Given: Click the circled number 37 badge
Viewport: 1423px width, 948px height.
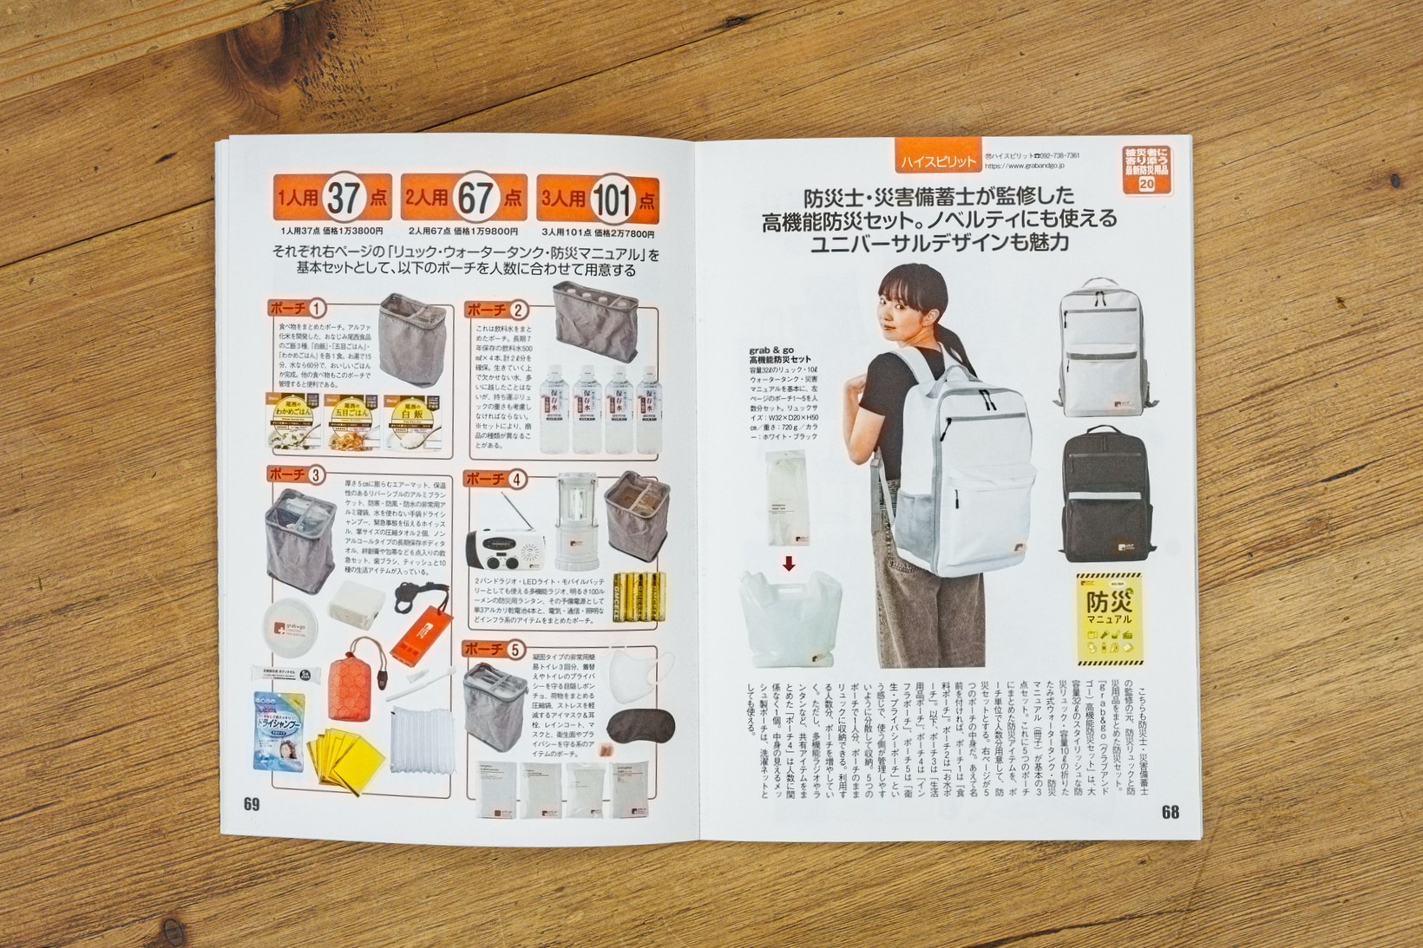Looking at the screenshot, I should [343, 199].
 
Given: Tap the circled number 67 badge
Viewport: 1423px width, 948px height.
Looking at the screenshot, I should [475, 199].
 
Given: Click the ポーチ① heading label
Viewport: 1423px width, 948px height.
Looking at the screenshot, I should [298, 308].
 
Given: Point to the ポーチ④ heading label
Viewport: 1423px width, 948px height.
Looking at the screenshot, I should [495, 479].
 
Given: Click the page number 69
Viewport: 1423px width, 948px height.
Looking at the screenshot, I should [252, 804].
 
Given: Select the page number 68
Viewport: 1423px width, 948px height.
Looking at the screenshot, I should [1170, 812].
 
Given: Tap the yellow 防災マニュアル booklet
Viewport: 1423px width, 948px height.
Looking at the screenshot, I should [1108, 615].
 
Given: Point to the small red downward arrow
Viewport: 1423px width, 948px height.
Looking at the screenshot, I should [789, 565].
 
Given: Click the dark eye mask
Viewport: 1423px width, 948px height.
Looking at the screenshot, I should [637, 724].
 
